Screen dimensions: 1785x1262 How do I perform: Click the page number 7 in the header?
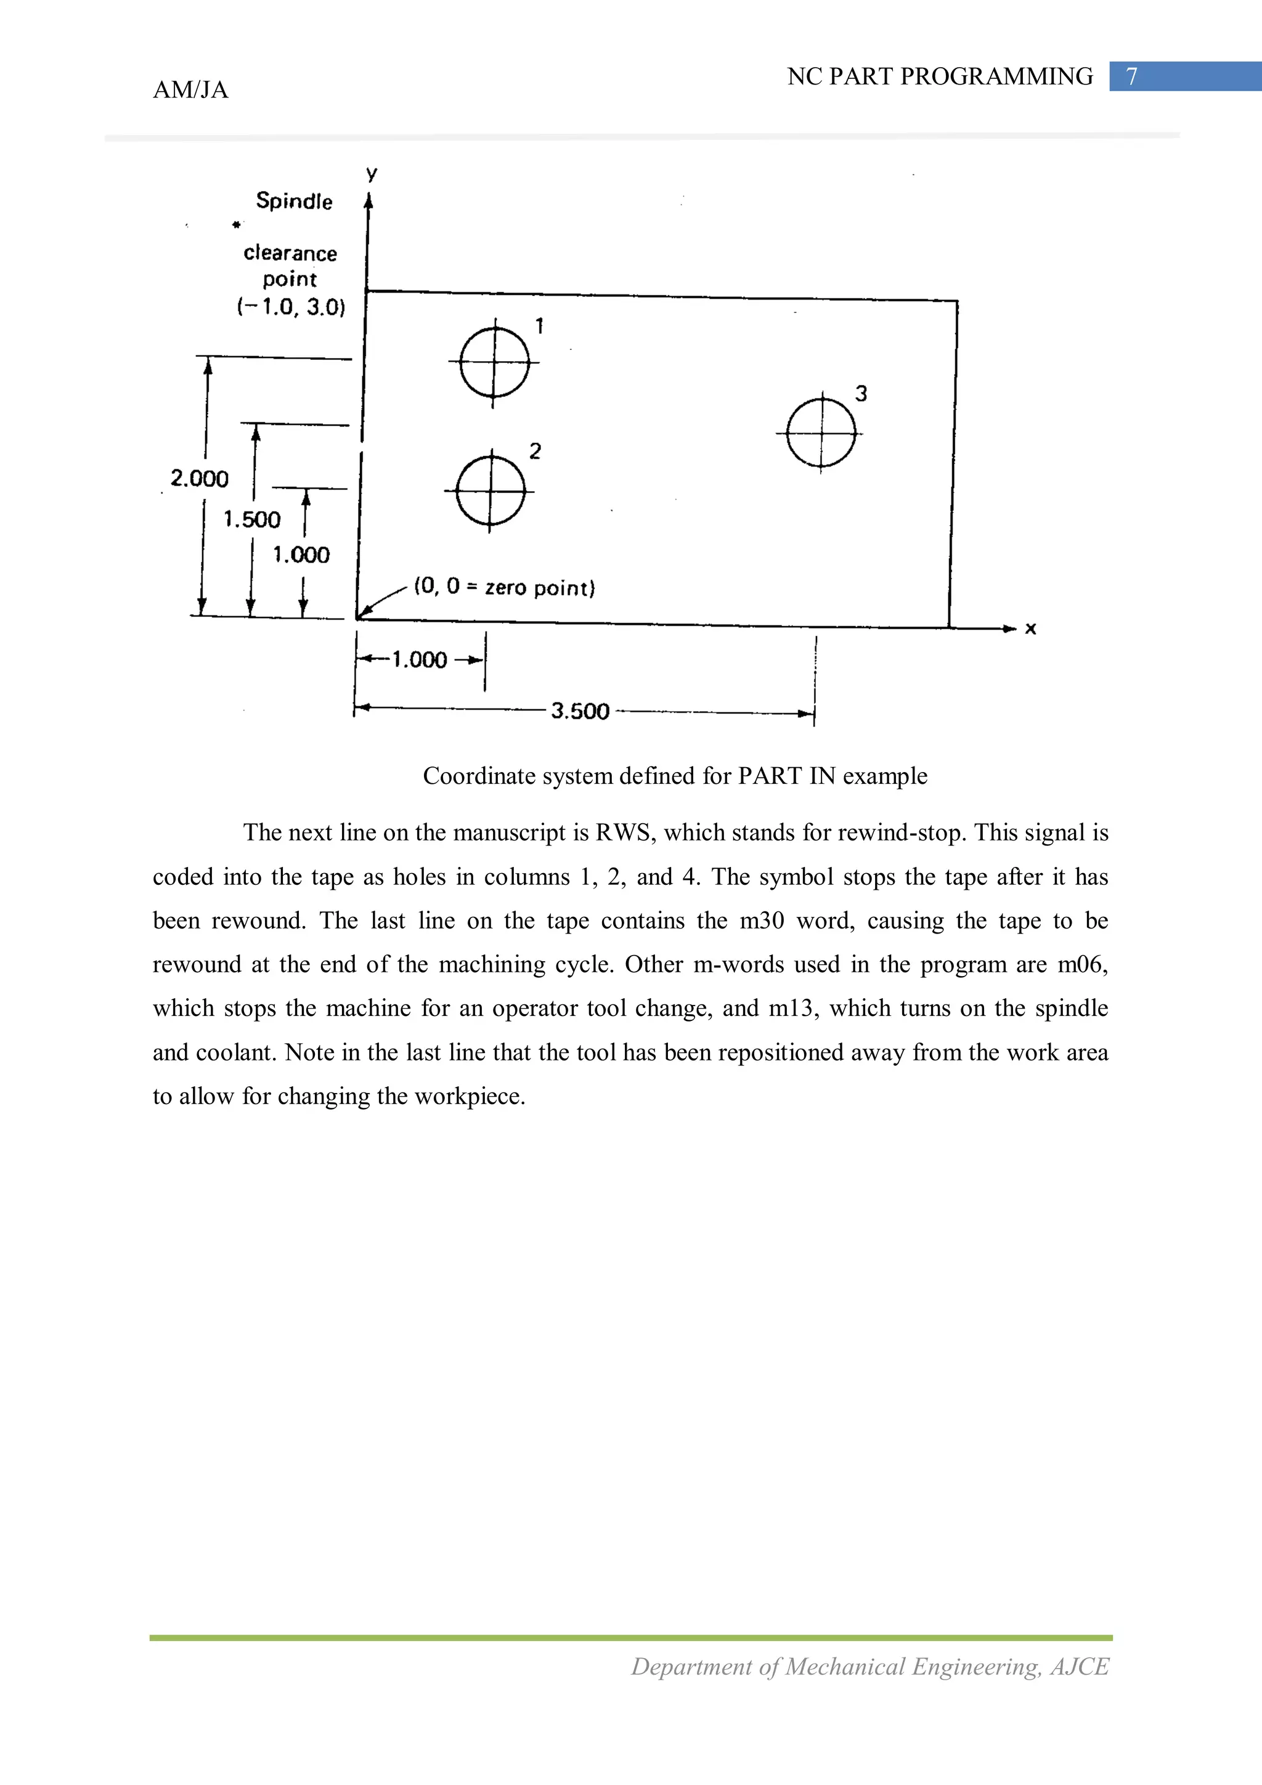click(1132, 76)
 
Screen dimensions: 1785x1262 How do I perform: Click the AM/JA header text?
click(190, 90)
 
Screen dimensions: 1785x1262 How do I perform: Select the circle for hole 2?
click(490, 491)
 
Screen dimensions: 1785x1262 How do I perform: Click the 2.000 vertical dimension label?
click(199, 478)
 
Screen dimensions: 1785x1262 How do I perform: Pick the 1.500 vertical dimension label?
click(251, 519)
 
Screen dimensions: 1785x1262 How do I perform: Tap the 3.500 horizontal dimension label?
click(580, 710)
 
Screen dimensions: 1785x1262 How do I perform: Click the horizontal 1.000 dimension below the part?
click(419, 660)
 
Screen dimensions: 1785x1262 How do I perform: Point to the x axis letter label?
click(1030, 628)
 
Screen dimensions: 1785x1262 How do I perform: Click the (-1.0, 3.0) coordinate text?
click(291, 306)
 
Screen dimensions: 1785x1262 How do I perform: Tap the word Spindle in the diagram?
click(294, 201)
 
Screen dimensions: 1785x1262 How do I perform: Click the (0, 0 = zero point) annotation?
click(504, 587)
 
